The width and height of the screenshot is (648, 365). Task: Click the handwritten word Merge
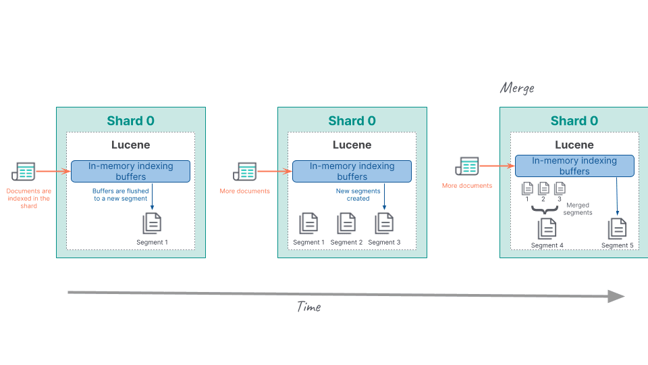[x=517, y=88]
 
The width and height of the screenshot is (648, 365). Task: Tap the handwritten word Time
[x=309, y=307]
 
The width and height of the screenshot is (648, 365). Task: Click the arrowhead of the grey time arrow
[x=616, y=296]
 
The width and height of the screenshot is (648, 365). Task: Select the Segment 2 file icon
[x=346, y=223]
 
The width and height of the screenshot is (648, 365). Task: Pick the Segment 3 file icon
[x=384, y=223]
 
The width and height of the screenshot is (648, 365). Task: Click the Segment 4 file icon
[x=547, y=229]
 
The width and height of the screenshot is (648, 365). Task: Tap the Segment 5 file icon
[x=618, y=229]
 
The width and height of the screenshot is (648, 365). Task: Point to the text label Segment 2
[x=346, y=242]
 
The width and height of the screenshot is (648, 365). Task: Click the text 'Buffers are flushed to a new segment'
[x=120, y=195]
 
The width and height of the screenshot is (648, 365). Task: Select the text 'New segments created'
[x=358, y=195]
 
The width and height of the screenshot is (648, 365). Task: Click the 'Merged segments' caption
[x=578, y=209]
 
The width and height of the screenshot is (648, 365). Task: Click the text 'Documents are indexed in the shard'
[x=28, y=199]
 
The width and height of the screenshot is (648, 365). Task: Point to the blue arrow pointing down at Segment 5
[x=618, y=196]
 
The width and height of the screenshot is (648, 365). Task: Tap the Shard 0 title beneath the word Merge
[x=574, y=121]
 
